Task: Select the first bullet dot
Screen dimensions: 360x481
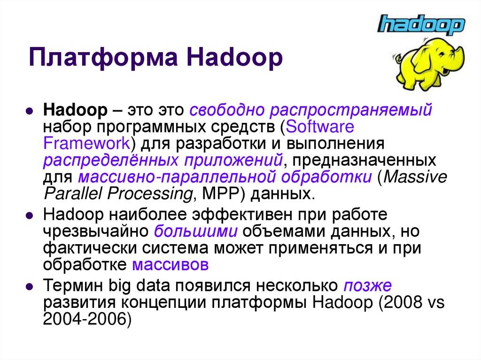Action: pos(29,113)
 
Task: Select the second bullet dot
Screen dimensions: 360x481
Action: pos(29,217)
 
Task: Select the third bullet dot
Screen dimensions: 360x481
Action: pos(29,286)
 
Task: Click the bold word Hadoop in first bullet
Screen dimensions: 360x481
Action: pos(75,111)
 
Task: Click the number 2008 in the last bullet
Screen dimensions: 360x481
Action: pos(406,302)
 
